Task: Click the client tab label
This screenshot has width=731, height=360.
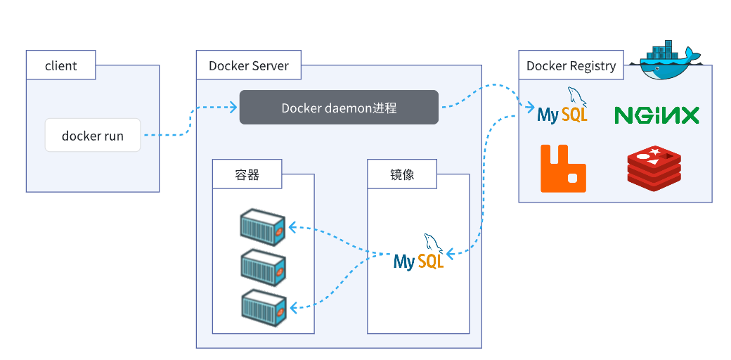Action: (x=60, y=66)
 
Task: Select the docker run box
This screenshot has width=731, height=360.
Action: (x=93, y=136)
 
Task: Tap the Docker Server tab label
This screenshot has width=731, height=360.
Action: (x=249, y=66)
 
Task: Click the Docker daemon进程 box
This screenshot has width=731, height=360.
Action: (x=339, y=108)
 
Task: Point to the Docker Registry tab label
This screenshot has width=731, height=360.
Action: (x=571, y=66)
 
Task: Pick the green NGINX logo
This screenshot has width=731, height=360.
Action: (x=656, y=115)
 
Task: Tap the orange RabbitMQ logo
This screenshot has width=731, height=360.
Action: (x=563, y=168)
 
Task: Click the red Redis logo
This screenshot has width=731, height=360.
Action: (x=654, y=167)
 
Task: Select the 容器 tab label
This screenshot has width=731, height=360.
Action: (x=247, y=174)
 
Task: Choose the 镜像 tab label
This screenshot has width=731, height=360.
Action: (x=402, y=174)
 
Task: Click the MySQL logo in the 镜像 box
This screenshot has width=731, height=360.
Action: (x=419, y=255)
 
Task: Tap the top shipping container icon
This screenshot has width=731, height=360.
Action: (x=262, y=225)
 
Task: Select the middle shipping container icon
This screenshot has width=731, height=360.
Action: (x=262, y=266)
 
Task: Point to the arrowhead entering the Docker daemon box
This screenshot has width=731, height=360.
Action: (x=233, y=108)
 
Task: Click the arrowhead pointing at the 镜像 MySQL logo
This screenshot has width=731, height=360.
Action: (x=451, y=253)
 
